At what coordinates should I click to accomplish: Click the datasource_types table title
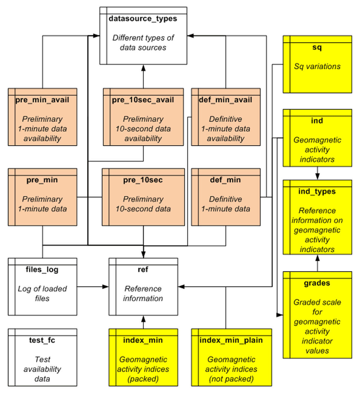click(143, 19)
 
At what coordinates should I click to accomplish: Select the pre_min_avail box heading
click(42, 100)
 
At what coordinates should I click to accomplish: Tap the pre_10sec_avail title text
click(143, 100)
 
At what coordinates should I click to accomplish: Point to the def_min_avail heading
click(226, 100)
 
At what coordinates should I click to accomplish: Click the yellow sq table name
click(317, 47)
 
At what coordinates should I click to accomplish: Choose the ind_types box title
click(317, 191)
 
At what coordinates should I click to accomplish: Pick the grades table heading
click(317, 283)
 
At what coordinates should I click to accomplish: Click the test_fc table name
click(42, 340)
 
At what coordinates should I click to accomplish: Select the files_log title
click(42, 269)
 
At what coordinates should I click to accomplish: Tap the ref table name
click(143, 269)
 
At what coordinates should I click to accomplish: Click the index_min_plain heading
click(231, 340)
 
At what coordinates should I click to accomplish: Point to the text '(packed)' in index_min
click(143, 379)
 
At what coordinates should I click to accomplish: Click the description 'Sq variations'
click(317, 67)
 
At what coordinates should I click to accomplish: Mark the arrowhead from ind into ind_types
click(317, 177)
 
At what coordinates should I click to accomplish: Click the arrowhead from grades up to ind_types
click(317, 258)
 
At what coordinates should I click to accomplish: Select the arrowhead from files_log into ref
click(105, 287)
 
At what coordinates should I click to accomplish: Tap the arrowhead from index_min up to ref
click(143, 318)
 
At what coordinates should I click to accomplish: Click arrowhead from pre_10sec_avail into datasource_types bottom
click(143, 68)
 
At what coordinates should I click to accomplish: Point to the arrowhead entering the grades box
click(280, 315)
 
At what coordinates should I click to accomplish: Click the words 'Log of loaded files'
click(42, 293)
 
